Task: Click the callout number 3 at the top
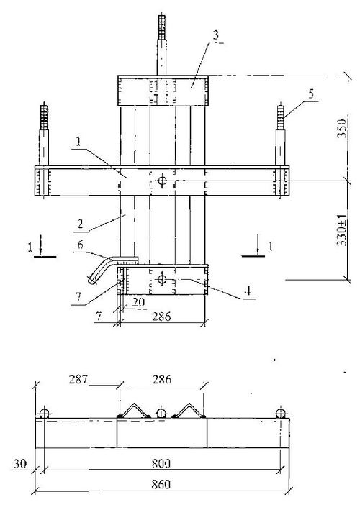coord(216,35)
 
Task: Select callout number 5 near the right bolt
coord(312,94)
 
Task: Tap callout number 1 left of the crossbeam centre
coord(78,142)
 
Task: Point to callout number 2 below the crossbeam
coord(80,224)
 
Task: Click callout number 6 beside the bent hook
coord(80,245)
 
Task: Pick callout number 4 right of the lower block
coord(248,291)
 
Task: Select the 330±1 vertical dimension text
coord(342,229)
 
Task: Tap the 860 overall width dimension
coord(161,484)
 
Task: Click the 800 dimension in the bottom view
coord(161,463)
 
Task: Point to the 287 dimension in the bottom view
coord(78,379)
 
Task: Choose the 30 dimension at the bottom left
coord(20,463)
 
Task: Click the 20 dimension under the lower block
coord(138,303)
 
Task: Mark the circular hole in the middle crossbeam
coord(162,181)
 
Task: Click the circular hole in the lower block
coord(162,279)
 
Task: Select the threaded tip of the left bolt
coord(44,117)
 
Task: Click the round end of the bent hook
coord(92,280)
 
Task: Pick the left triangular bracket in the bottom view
coord(134,411)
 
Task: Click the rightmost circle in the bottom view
coord(281,414)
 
